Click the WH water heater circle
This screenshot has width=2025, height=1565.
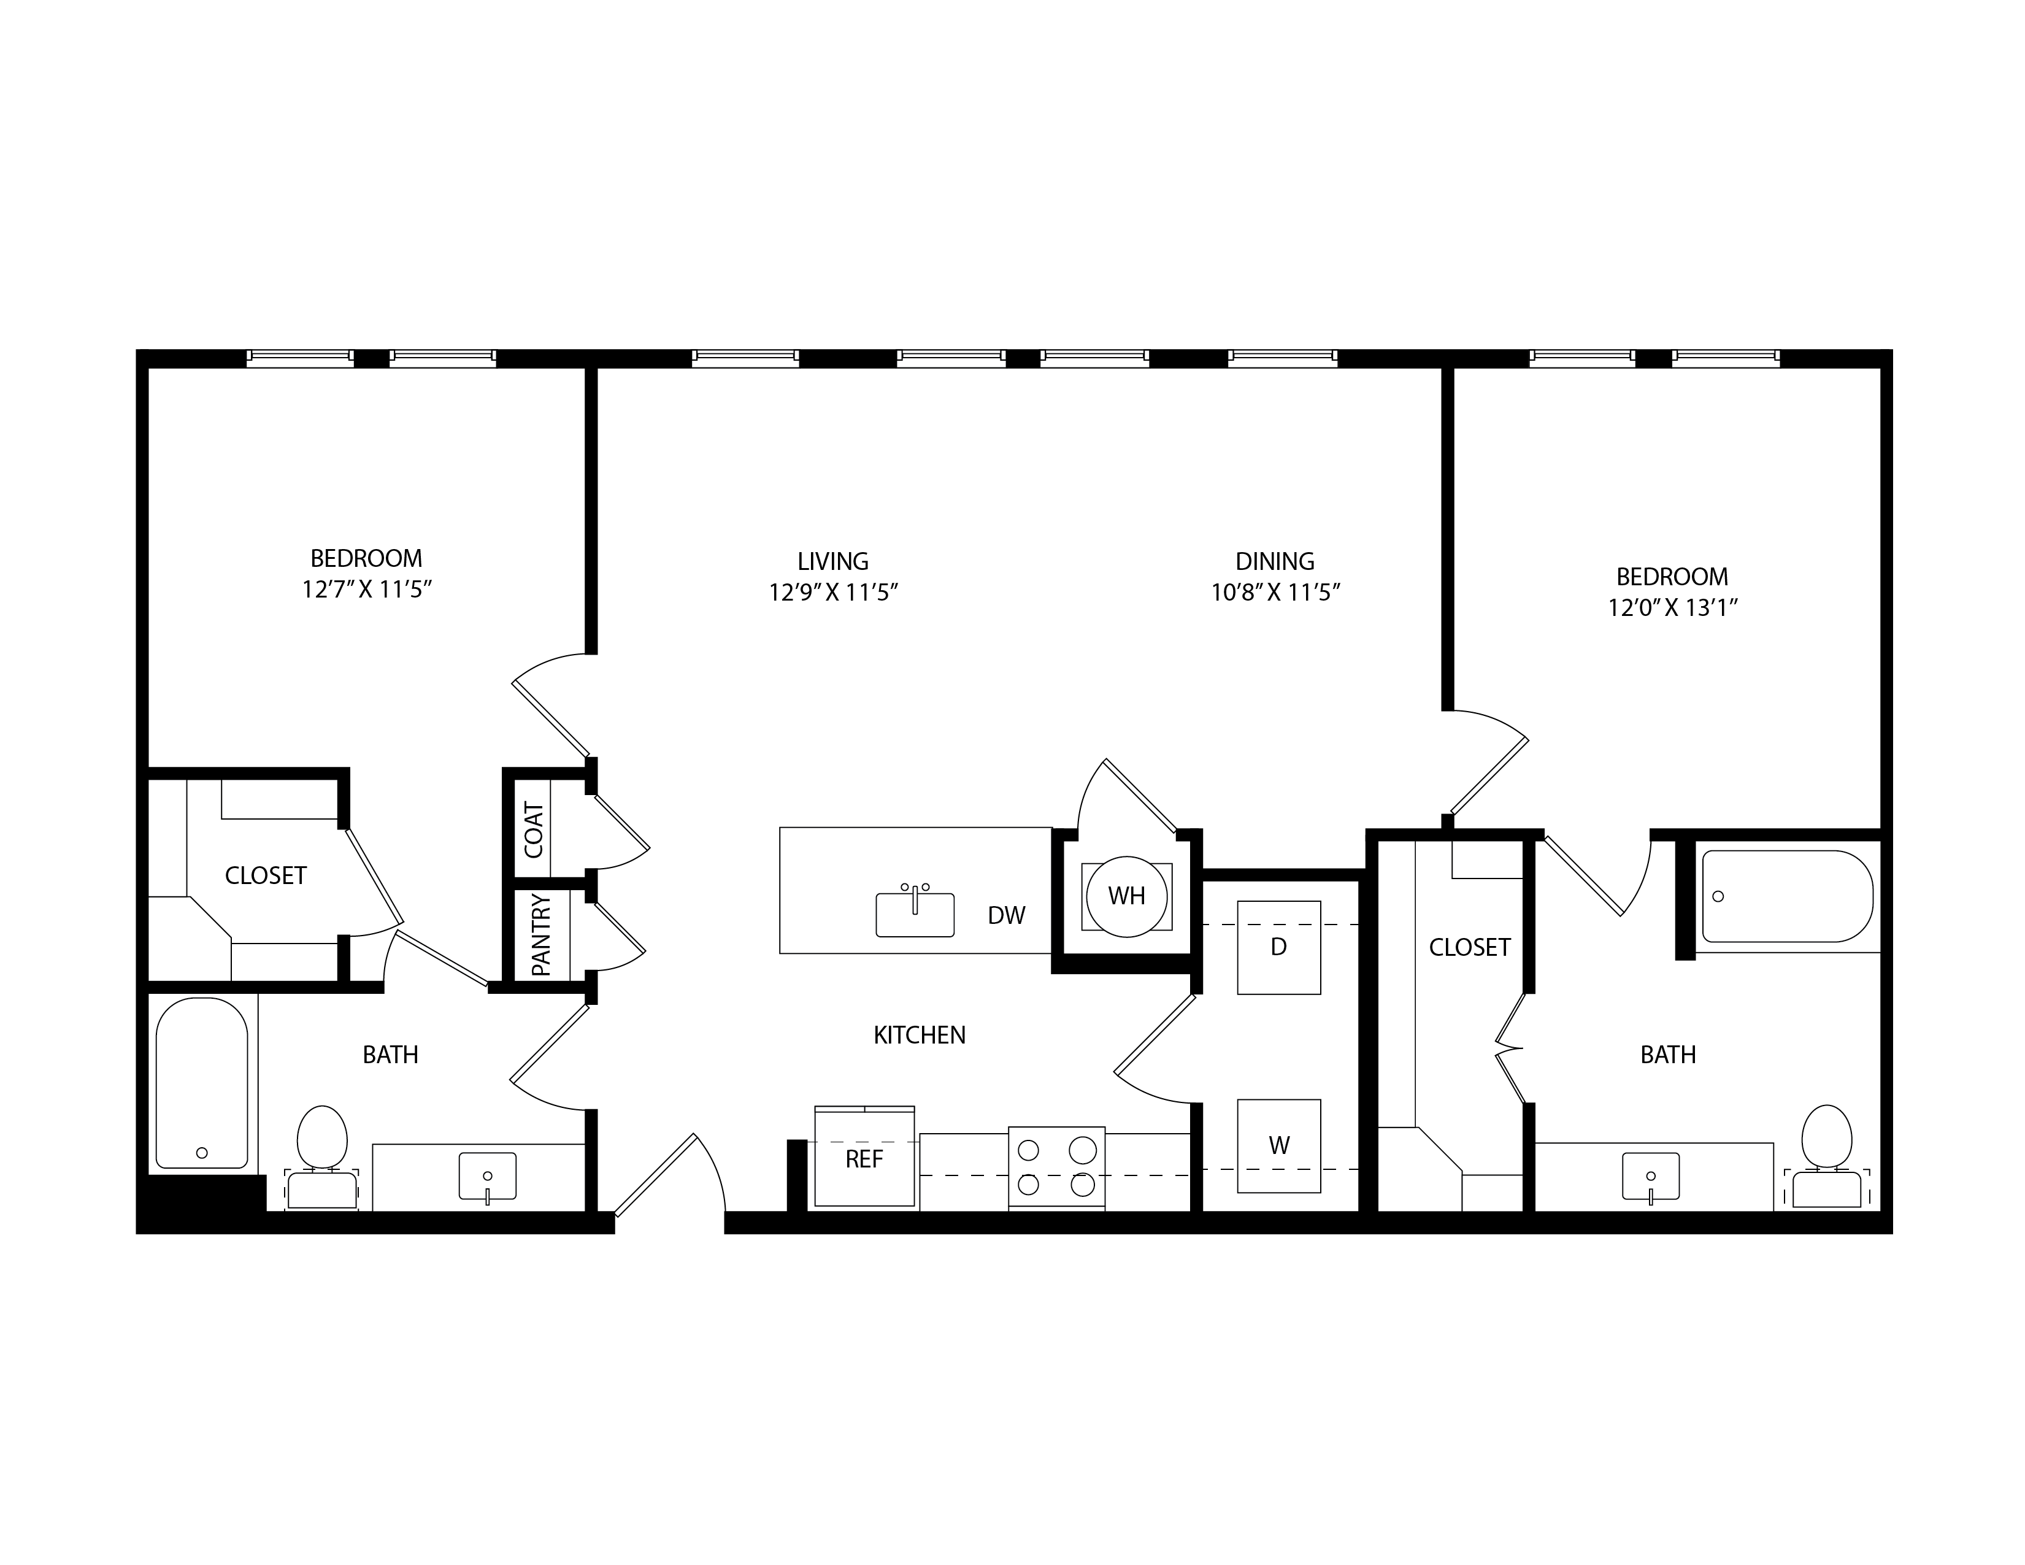click(1126, 896)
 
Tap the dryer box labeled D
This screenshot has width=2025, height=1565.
click(1278, 948)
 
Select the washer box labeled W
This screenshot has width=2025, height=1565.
click(1278, 1146)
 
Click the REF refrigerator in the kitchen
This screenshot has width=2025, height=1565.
click(864, 1157)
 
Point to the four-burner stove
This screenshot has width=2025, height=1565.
click(1056, 1167)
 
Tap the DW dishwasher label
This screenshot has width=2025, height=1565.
click(1006, 916)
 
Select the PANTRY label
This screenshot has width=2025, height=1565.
click(540, 934)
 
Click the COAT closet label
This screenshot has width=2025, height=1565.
click(534, 830)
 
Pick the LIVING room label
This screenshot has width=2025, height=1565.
click(832, 561)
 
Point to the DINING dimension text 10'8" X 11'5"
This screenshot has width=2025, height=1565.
click(1276, 593)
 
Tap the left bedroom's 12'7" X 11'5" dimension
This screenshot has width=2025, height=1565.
click(367, 590)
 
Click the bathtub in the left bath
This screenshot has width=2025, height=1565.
click(202, 1083)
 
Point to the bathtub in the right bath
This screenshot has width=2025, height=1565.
click(1788, 896)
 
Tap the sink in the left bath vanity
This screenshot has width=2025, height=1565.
click(488, 1177)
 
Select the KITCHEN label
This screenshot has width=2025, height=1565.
click(920, 1035)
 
